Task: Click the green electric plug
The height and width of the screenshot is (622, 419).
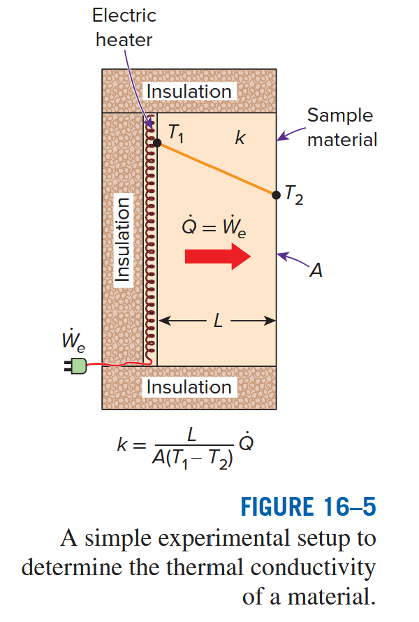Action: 77,365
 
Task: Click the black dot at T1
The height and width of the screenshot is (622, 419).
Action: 157,143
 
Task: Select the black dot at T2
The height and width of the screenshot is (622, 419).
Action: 277,194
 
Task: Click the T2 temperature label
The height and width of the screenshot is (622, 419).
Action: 294,198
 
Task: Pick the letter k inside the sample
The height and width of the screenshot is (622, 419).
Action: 240,138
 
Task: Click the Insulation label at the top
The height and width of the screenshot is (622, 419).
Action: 189,92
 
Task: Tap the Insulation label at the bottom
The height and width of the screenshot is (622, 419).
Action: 189,386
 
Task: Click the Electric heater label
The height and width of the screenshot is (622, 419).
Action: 124,27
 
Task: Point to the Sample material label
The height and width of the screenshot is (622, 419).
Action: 341,127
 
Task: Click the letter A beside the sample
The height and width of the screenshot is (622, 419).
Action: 316,271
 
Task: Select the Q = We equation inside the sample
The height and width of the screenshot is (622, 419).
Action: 214,226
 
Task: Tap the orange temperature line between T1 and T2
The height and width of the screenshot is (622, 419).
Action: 216,168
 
